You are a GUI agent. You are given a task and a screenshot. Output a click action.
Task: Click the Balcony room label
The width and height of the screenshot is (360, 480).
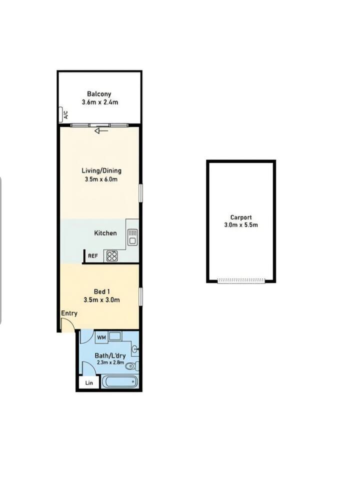(x=99, y=94)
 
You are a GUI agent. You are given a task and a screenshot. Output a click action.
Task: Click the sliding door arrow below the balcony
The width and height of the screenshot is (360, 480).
(x=101, y=131)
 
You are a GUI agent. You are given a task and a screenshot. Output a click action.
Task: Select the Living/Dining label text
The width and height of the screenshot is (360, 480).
(x=101, y=171)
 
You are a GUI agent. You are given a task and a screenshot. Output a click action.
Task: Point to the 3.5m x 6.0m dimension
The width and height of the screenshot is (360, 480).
(x=101, y=179)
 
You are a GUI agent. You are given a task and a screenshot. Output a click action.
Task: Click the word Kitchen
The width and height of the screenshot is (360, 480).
(x=105, y=233)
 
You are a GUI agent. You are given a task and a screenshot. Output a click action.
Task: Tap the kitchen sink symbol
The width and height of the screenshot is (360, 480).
(x=132, y=236)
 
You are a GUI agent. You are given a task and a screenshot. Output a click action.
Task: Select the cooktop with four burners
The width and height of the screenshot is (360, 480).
(x=112, y=256)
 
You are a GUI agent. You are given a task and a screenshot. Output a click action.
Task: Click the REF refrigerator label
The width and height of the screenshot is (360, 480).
(x=93, y=256)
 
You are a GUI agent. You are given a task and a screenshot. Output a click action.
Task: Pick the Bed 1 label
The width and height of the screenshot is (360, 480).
(x=101, y=291)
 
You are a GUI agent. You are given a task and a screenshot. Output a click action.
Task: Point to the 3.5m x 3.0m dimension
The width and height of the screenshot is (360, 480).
(x=101, y=300)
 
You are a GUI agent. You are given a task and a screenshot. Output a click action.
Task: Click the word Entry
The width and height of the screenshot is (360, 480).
(x=69, y=313)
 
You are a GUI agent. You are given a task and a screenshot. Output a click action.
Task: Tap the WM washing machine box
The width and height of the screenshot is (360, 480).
(x=101, y=337)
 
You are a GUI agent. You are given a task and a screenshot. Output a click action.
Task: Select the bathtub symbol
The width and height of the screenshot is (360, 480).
(x=119, y=381)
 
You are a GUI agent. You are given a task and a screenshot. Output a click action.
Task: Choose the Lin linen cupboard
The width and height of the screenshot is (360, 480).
(x=89, y=382)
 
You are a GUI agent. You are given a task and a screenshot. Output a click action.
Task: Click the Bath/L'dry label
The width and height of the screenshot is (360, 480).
(x=110, y=355)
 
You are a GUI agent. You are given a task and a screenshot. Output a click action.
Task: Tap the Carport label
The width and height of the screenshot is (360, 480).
(x=241, y=217)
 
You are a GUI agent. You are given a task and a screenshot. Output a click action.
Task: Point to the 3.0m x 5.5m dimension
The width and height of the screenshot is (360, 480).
(x=241, y=225)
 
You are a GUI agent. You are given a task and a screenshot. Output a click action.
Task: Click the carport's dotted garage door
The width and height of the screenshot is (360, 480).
(x=241, y=280)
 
